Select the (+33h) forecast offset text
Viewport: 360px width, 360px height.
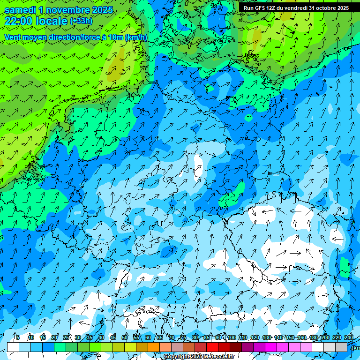tap(81, 21)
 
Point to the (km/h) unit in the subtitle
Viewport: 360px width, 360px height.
tap(136, 37)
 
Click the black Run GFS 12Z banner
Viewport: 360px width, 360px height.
tap(295, 7)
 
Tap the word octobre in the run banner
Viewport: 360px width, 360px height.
tap(323, 8)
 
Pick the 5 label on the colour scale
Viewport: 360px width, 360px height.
tap(18, 337)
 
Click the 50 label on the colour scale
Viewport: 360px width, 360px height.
tap(125, 337)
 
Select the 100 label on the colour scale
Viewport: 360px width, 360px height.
tap(232, 337)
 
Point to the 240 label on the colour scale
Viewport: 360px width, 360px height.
tap(348, 337)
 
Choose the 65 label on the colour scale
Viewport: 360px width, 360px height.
tap(160, 337)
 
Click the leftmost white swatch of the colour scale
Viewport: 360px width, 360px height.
tap(13, 347)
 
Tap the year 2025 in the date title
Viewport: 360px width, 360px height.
tap(102, 10)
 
